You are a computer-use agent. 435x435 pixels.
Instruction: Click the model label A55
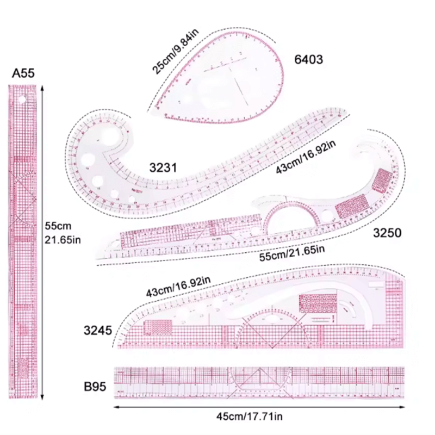tap(24, 73)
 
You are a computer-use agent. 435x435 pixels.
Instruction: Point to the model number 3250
tap(387, 233)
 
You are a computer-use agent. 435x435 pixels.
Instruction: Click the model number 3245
tap(97, 330)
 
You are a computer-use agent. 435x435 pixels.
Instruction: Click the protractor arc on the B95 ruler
tap(259, 377)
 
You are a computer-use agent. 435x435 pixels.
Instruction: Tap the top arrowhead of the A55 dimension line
tap(43, 86)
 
